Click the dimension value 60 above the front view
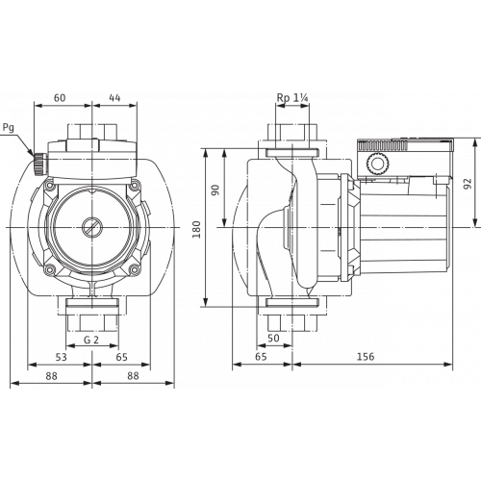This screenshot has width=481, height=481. coord(60,98)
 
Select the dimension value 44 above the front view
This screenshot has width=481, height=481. coord(114,98)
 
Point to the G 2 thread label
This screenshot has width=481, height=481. coord(91,340)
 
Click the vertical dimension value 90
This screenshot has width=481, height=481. coord(216,190)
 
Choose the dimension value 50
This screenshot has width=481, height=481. coord(273,340)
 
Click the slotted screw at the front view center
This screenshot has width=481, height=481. coord(91,231)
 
